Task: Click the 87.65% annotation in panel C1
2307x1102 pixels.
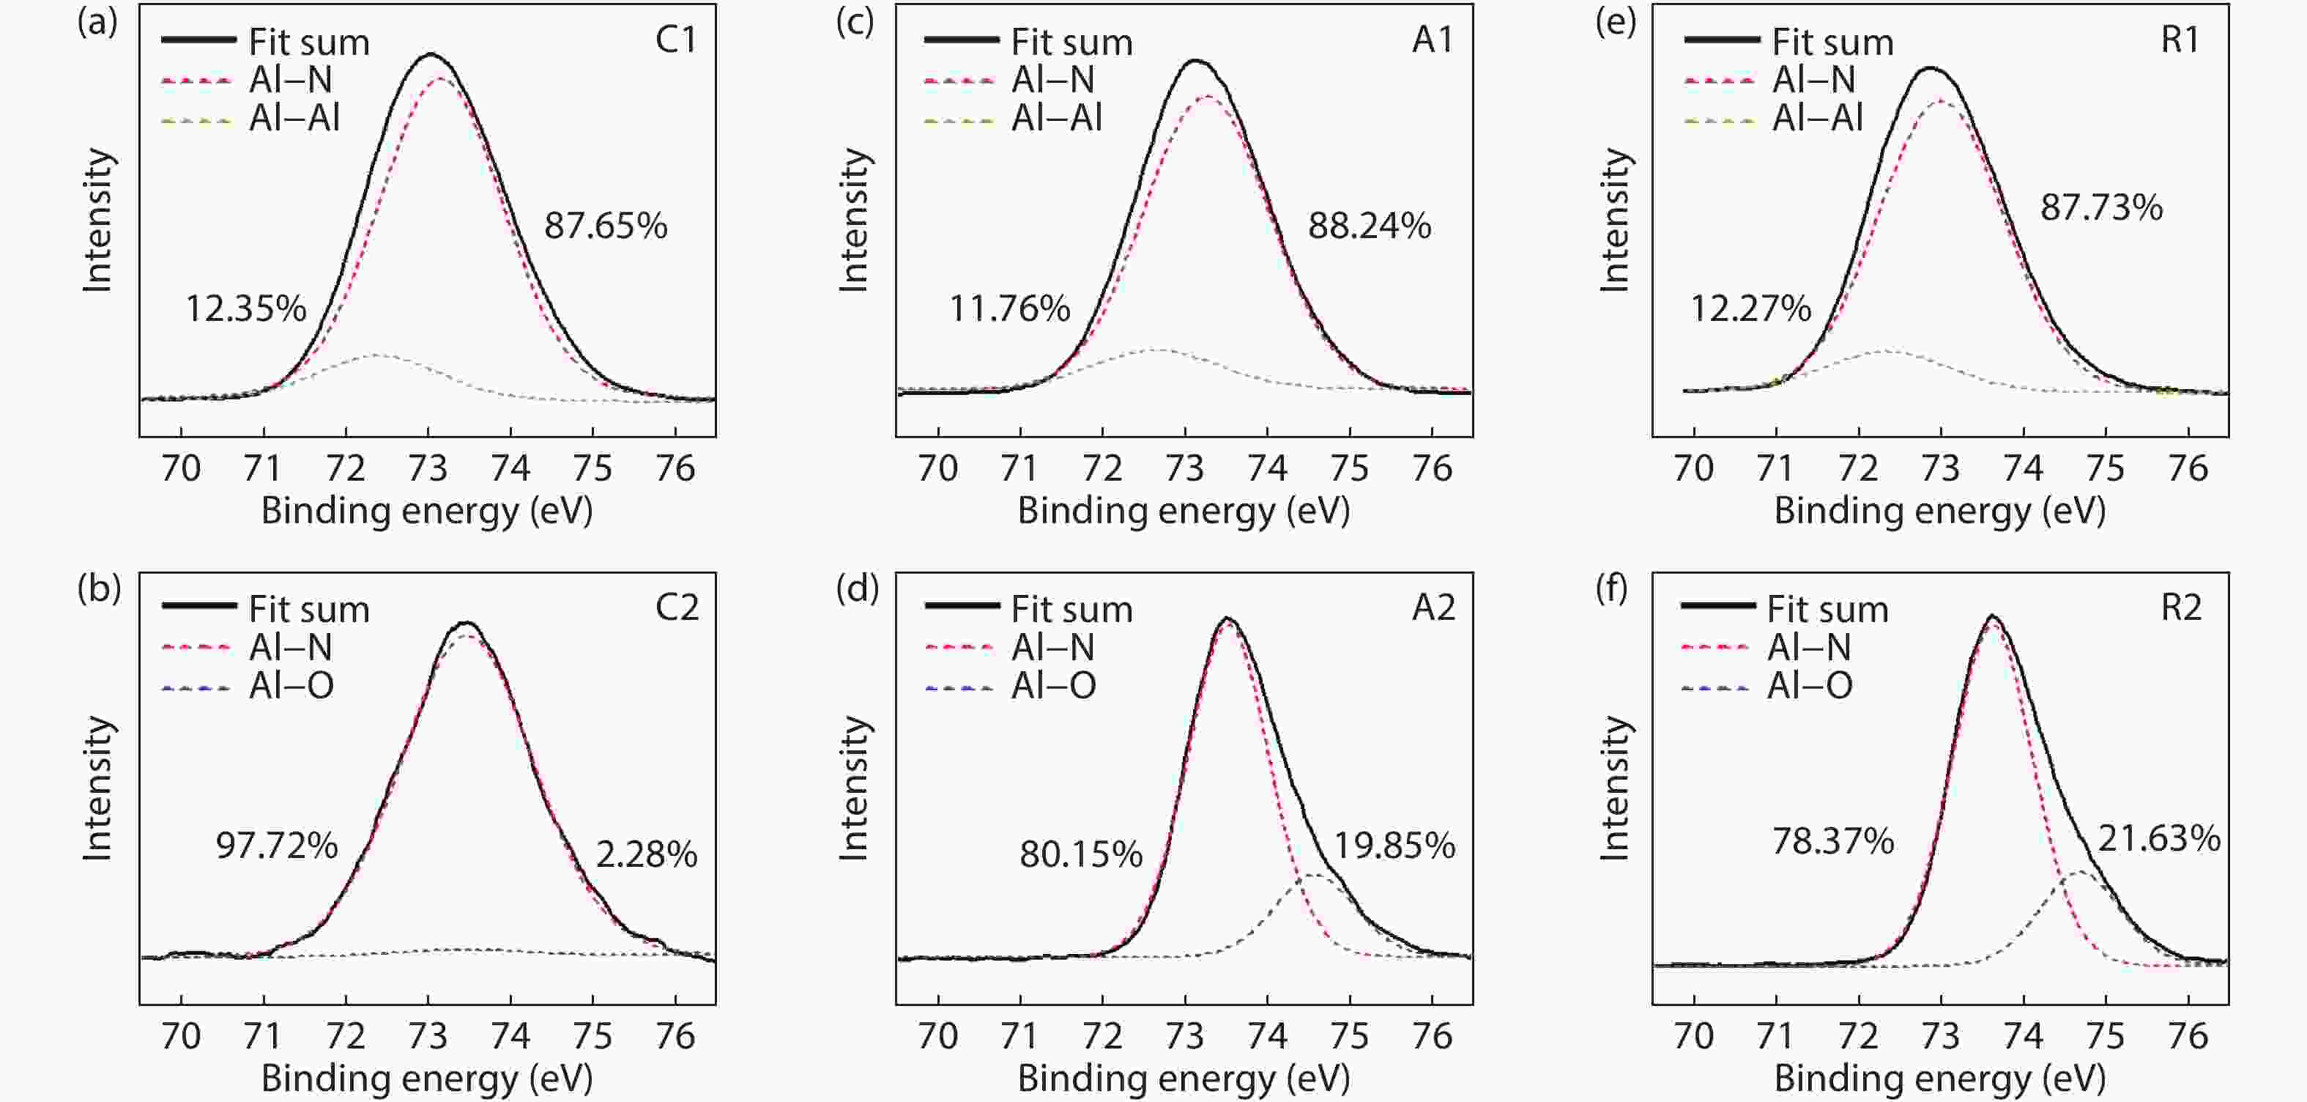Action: coord(606,226)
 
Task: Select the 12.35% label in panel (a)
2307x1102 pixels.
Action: coord(245,309)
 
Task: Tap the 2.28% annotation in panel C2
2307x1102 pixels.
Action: coord(646,855)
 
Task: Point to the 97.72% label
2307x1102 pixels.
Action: coord(277,846)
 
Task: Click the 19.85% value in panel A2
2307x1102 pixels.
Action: coord(1394,846)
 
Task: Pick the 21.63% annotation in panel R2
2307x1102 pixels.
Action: coord(2158,839)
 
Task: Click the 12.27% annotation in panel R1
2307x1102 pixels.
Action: coord(1750,309)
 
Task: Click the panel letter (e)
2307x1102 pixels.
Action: coord(1616,21)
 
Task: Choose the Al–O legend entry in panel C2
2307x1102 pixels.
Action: coord(291,687)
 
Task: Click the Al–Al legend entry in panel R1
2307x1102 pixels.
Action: coord(1817,118)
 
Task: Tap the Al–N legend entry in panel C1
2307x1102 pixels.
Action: coord(290,80)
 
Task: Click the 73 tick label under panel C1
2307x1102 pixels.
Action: coord(428,469)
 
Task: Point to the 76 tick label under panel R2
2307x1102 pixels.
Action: coord(2188,1036)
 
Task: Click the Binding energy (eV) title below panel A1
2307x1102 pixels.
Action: coord(1183,511)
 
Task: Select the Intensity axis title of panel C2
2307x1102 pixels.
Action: coord(97,788)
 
